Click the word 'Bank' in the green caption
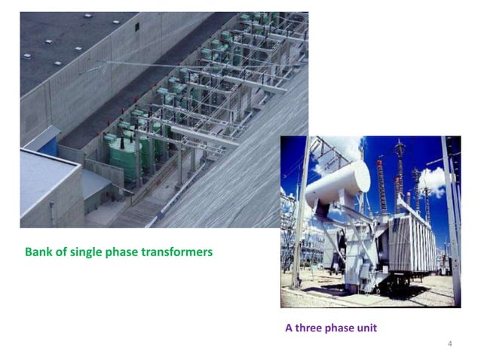(38, 252)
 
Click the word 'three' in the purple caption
(309, 328)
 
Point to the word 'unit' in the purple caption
(365, 328)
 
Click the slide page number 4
(449, 344)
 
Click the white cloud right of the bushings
(433, 181)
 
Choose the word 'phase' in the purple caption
(339, 328)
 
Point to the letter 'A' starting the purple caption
(288, 328)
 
